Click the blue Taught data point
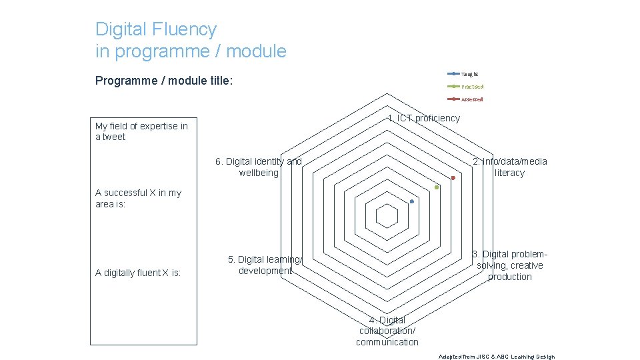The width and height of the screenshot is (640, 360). [x=412, y=201]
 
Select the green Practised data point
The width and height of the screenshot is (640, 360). [x=437, y=187]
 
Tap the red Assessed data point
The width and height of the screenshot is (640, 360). [x=453, y=178]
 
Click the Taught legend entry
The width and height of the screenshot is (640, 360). [x=469, y=74]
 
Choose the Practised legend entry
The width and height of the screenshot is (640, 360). [x=472, y=87]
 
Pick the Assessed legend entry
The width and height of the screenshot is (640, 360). [x=472, y=99]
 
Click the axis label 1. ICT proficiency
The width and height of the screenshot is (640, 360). [x=424, y=118]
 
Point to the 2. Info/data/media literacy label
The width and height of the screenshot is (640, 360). [x=509, y=167]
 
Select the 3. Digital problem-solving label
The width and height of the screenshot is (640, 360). [x=509, y=265]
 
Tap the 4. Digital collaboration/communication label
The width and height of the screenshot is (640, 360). [x=387, y=331]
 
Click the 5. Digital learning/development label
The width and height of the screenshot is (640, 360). [x=265, y=265]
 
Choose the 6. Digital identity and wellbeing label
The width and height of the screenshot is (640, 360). [x=259, y=167]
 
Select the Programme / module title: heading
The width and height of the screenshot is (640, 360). [x=164, y=81]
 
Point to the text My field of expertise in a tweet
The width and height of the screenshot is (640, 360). [x=141, y=131]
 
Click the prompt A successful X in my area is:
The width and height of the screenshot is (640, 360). [x=138, y=198]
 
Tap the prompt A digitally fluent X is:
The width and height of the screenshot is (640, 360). [x=138, y=273]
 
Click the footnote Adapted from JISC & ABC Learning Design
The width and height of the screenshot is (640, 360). [x=497, y=357]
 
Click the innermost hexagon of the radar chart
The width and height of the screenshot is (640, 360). [x=387, y=216]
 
